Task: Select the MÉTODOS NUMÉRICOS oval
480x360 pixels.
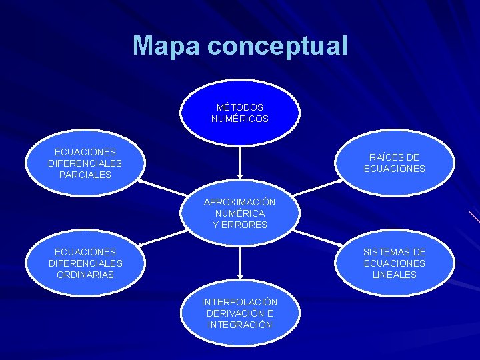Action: coord(240,113)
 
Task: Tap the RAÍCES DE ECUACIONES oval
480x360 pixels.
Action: coord(394,163)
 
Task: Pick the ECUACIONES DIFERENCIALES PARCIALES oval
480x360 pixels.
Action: coord(85,163)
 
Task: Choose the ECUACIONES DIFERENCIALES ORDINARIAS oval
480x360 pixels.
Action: coord(85,263)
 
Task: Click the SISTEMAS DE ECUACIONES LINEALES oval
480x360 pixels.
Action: coord(394,263)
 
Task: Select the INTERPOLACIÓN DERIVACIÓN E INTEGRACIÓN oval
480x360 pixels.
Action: coord(240,313)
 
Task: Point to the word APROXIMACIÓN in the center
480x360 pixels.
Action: coord(240,202)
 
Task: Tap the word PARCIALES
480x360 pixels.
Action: coord(85,175)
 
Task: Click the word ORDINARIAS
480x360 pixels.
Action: coord(85,275)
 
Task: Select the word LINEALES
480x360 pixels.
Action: coord(394,275)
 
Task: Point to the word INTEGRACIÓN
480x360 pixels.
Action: coord(240,325)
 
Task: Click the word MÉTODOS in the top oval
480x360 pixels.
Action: coord(240,107)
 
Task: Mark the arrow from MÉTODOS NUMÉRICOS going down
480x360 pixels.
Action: coord(239,163)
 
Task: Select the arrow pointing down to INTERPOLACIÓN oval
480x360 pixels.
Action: coord(239,263)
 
